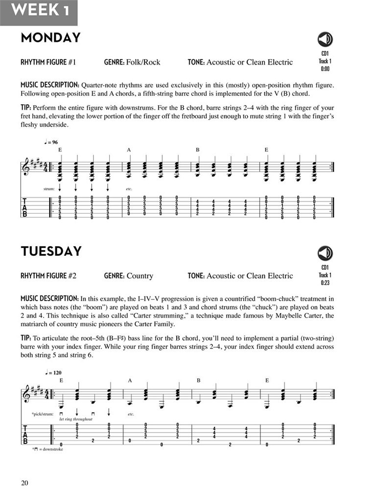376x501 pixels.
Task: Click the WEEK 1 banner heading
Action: [x=38, y=11]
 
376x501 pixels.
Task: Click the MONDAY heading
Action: [x=50, y=38]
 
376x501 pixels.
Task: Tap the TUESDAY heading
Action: [x=51, y=251]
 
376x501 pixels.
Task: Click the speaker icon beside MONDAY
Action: [x=325, y=39]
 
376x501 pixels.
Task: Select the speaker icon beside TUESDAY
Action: [x=325, y=253]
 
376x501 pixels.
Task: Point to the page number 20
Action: [x=25, y=483]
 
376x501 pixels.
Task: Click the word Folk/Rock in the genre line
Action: [x=143, y=62]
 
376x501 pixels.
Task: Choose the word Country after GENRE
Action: [x=140, y=276]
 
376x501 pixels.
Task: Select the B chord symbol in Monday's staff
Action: [x=198, y=150]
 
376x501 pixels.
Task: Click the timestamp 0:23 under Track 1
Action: [x=325, y=283]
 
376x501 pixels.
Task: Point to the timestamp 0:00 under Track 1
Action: [x=325, y=69]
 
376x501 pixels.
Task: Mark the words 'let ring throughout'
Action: [x=76, y=419]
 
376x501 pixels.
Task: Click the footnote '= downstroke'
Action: [x=49, y=449]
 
